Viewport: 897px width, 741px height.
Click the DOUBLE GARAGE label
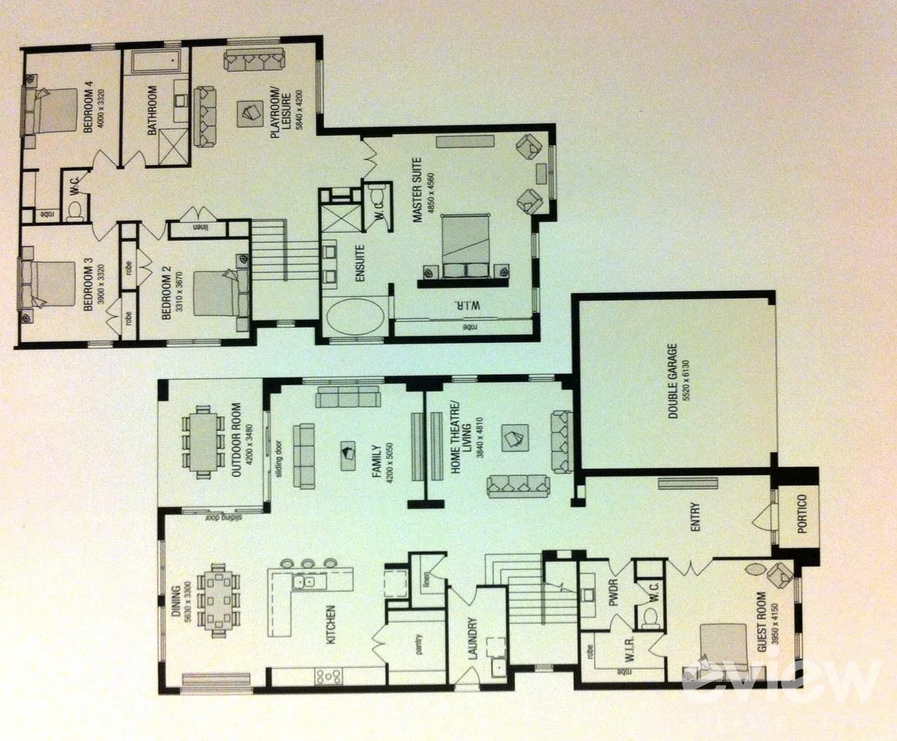pyautogui.click(x=673, y=381)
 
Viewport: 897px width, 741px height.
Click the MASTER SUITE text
pyautogui.click(x=416, y=189)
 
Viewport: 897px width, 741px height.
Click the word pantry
pyautogui.click(x=418, y=645)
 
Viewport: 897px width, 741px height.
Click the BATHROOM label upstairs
pyautogui.click(x=152, y=110)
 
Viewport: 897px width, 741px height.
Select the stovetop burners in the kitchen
pyautogui.click(x=329, y=677)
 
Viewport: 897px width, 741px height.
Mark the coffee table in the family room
pyautogui.click(x=348, y=453)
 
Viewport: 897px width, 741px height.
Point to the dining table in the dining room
pyautogui.click(x=218, y=600)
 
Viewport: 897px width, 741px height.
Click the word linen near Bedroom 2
pyautogui.click(x=199, y=228)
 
